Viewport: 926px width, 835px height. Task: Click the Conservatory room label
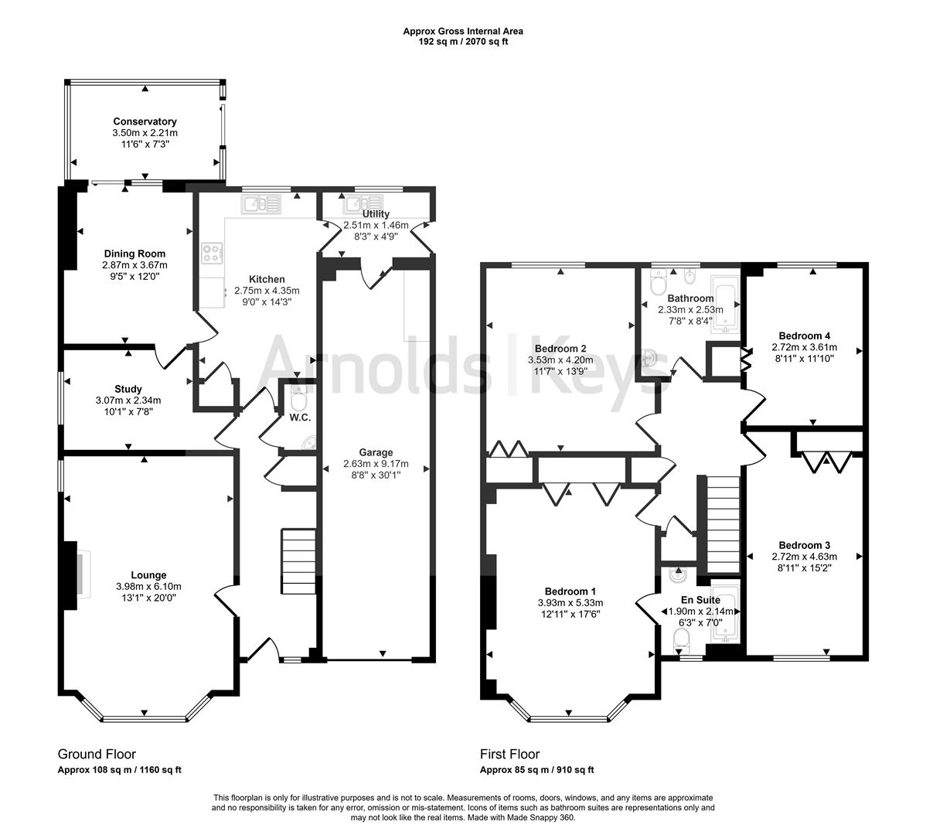pos(145,121)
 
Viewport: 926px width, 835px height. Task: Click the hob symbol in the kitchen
pos(211,251)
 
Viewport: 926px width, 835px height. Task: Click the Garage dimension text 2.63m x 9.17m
pos(376,465)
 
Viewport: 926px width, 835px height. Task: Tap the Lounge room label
pos(148,575)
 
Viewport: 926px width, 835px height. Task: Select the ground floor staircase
pos(298,558)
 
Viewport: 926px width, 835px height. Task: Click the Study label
pos(128,389)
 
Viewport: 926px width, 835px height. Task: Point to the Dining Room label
pos(134,254)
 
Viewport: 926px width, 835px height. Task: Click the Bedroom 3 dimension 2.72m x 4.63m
pos(804,557)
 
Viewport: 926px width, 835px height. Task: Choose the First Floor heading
pos(509,754)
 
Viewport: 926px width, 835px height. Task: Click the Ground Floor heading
pos(97,754)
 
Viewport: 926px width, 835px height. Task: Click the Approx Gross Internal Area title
pos(462,31)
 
